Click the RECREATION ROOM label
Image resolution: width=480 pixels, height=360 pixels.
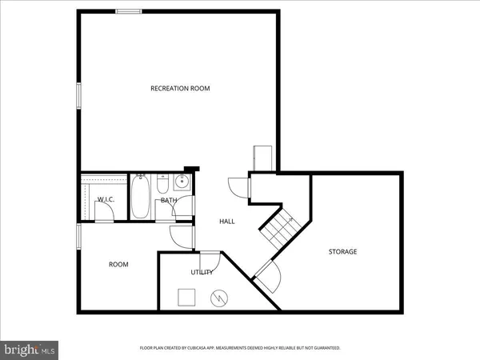coord(180,88)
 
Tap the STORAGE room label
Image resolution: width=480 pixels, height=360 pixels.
coord(342,252)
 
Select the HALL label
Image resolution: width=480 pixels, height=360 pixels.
coord(226,222)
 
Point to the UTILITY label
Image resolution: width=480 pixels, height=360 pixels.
coord(201,273)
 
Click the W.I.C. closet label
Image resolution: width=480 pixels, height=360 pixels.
coord(106,199)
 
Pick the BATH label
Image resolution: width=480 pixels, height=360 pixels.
coord(168,200)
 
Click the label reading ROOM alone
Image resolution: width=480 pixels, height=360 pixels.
coord(118,264)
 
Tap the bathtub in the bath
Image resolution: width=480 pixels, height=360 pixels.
coord(142,197)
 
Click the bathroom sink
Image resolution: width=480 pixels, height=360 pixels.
coord(182,182)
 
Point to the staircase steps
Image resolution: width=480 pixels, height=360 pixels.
coord(280,227)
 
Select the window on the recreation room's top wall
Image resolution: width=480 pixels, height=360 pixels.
coord(128,11)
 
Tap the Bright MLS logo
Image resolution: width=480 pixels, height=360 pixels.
coord(30,350)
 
